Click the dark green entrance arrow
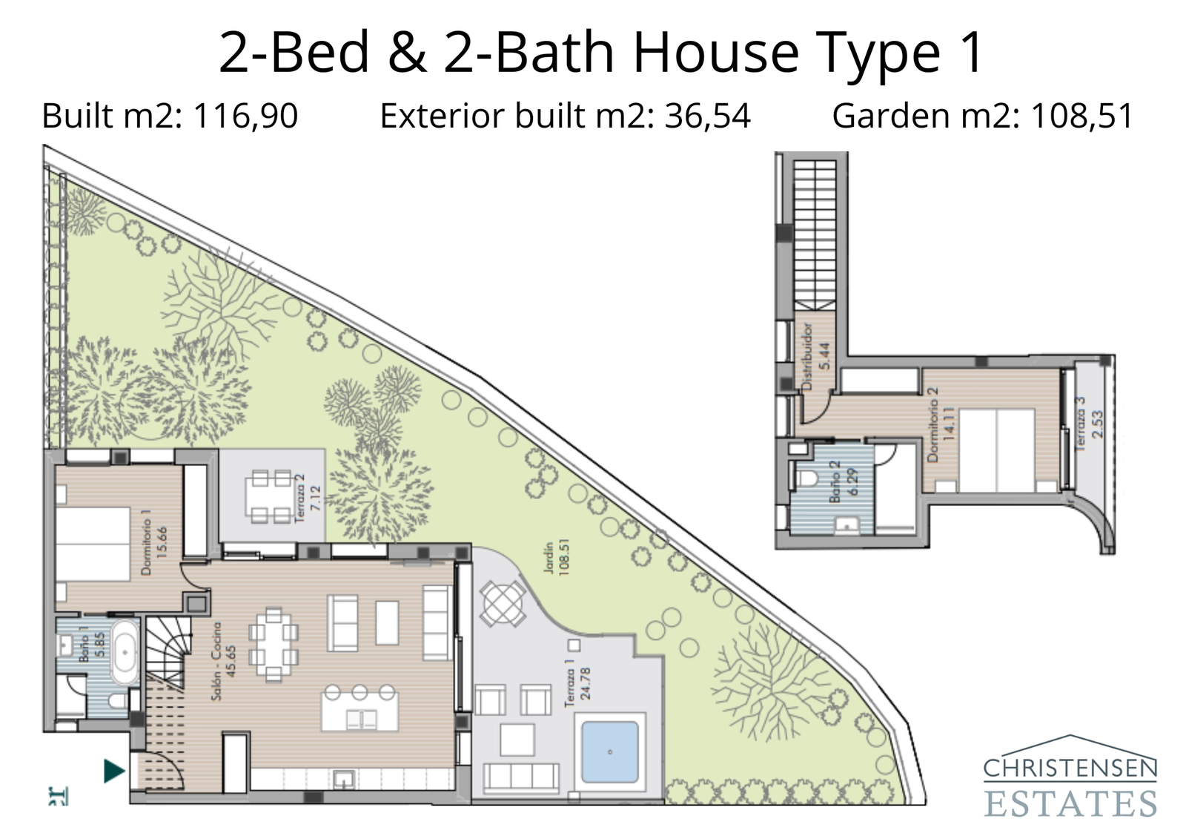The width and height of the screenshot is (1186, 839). click(x=113, y=771)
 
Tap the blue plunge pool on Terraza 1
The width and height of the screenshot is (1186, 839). click(x=609, y=751)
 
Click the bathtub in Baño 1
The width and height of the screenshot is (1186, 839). click(x=125, y=653)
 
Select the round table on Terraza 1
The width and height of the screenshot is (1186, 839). click(x=502, y=601)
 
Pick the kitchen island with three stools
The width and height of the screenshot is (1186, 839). click(x=359, y=709)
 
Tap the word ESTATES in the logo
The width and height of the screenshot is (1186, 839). click(x=1070, y=803)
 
